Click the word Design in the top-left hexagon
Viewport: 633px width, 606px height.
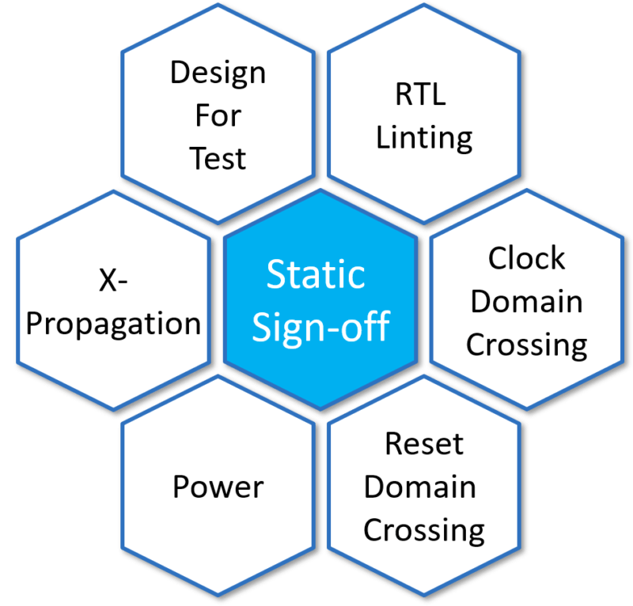click(x=218, y=75)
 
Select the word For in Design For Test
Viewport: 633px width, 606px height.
click(x=218, y=117)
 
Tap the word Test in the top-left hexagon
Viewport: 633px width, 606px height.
click(x=218, y=159)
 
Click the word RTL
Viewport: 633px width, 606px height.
click(x=420, y=96)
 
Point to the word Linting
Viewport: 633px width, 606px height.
click(x=424, y=137)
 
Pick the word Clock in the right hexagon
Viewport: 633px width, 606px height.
click(x=526, y=258)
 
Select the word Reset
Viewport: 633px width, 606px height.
click(x=424, y=444)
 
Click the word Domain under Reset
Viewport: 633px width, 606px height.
click(x=420, y=487)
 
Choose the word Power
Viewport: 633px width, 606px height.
click(x=218, y=487)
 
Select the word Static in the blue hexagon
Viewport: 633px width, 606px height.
click(x=316, y=276)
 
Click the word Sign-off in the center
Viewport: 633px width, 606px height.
click(x=320, y=326)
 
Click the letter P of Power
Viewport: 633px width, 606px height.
click(x=181, y=487)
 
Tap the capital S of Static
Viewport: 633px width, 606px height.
click(x=276, y=276)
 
